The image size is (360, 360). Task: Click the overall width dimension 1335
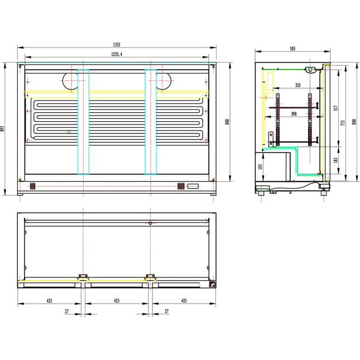pyautogui.click(x=117, y=44)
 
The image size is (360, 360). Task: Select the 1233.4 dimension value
pyautogui.click(x=117, y=54)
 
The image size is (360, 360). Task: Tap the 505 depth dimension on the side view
pyautogui.click(x=292, y=49)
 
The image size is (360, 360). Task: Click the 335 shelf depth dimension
pyautogui.click(x=297, y=85)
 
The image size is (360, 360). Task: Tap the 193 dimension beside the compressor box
pyautogui.click(x=260, y=167)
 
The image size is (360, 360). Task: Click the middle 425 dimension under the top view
pyautogui.click(x=117, y=301)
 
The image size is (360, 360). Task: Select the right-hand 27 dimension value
pyautogui.click(x=167, y=311)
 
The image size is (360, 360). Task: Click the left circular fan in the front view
pyautogui.click(x=71, y=81)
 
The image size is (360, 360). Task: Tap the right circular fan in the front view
pyautogui.click(x=163, y=81)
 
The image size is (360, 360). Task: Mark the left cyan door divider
pyautogui.click(x=83, y=122)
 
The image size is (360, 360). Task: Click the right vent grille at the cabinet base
pyautogui.click(x=180, y=186)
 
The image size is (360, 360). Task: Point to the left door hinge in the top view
pyautogui.click(x=83, y=276)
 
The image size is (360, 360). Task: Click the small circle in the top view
pyautogui.click(x=150, y=223)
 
